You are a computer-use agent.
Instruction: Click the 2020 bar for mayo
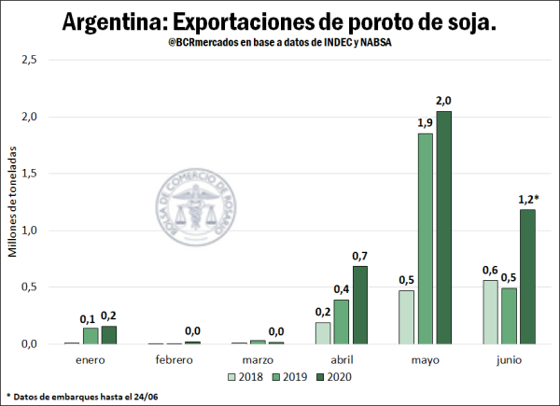pos(443,228)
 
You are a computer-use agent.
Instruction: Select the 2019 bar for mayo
pos(425,239)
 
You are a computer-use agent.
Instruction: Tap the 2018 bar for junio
pos(490,312)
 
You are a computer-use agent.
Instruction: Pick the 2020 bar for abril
pos(359,305)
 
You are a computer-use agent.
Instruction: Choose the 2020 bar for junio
pos(527,276)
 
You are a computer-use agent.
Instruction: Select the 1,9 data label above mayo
pos(425,122)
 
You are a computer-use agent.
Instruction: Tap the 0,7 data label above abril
pos(359,256)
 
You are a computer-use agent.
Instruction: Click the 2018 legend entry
pos(245,377)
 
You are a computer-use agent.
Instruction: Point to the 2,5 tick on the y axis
pos(29,60)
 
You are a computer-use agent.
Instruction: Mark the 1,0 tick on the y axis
pos(29,231)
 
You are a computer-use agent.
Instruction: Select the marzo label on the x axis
pos(258,359)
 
